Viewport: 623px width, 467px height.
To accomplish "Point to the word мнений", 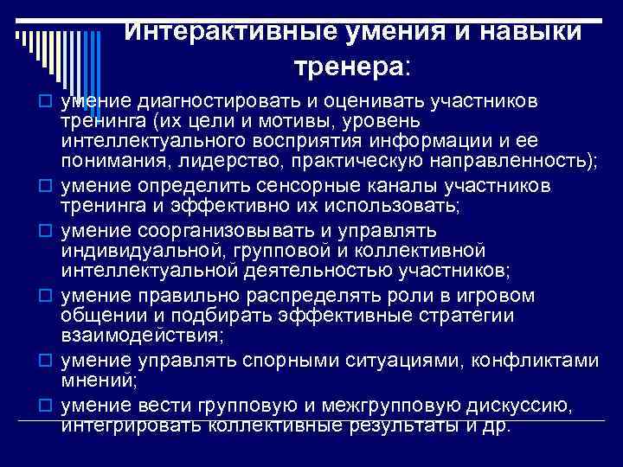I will click(95, 378).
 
